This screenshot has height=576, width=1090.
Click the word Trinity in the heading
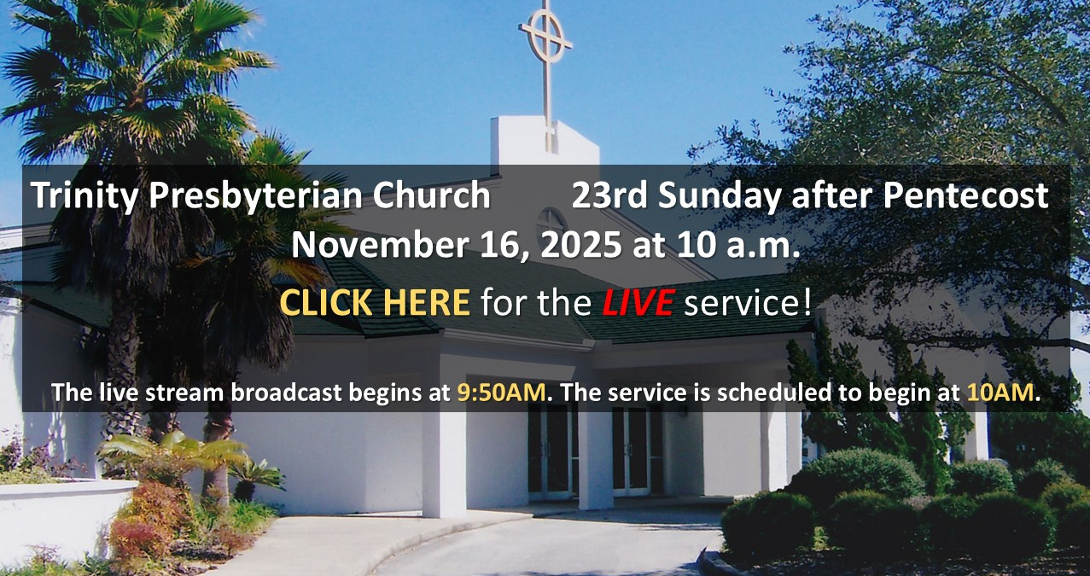click(84, 196)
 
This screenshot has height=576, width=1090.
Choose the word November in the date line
click(379, 245)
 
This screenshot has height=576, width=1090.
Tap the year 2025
click(580, 245)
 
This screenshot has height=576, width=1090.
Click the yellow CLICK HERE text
click(375, 302)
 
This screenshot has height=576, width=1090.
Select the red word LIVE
click(638, 302)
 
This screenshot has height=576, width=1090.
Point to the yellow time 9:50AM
click(501, 393)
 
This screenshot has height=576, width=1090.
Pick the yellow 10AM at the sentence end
click(1000, 393)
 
